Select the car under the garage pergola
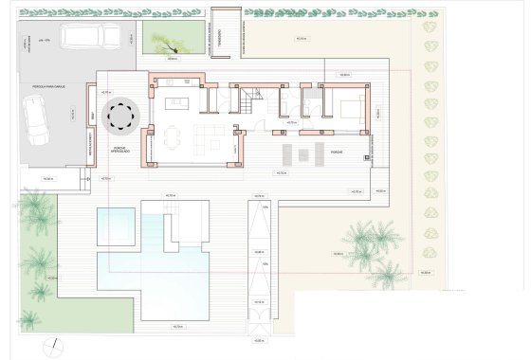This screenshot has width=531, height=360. click(36, 122)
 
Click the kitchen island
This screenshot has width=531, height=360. click(176, 103)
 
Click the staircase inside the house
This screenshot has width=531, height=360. click(250, 99)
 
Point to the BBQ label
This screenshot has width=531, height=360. click(93, 115)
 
